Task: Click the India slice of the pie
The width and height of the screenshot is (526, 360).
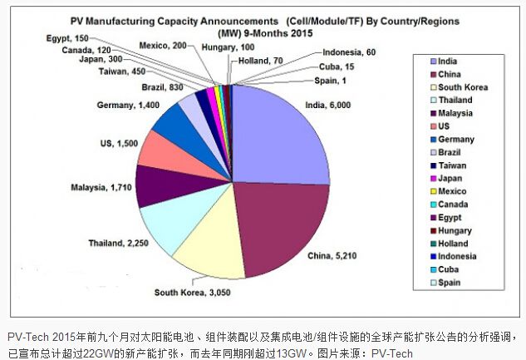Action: click(278, 133)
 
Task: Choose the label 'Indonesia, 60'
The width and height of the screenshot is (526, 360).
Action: click(349, 52)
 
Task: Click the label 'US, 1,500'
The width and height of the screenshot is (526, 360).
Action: click(117, 144)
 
